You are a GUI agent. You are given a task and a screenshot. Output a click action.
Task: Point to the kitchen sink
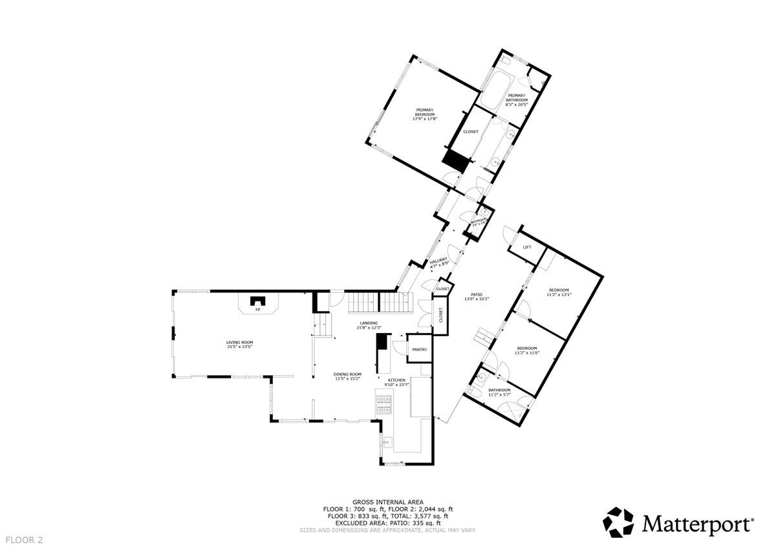387,442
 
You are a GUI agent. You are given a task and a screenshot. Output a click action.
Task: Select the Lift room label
527,248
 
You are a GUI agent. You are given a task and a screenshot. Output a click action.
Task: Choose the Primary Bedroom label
425,114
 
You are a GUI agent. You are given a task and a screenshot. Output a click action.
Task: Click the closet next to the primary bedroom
471,132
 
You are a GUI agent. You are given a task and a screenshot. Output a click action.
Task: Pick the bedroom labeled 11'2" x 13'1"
559,292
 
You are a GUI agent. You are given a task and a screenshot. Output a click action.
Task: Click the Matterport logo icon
619,521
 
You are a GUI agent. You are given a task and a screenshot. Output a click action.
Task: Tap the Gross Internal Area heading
388,502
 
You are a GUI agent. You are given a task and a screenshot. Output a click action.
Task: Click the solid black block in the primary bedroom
454,160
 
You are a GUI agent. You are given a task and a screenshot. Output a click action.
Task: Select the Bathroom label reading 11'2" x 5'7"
500,392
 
